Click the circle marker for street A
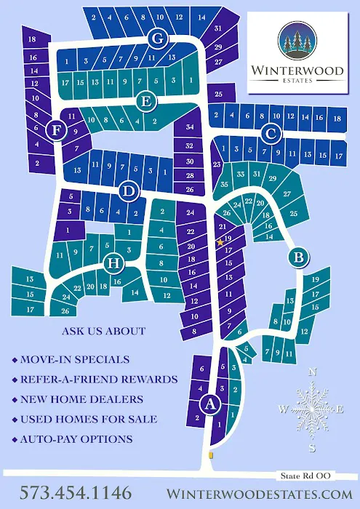coord(211,404)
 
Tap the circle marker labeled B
coord(297,256)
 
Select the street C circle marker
coord(271,133)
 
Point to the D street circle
coord(129,192)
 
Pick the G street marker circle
coord(156,38)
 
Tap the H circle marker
coord(113,263)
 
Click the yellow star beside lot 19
coord(220,242)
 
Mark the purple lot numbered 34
coord(190,128)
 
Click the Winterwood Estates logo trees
coord(296,41)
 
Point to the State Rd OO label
coord(305,475)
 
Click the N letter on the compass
coord(313,372)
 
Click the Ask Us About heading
coord(104,331)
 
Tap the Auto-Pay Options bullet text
coord(76,438)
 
